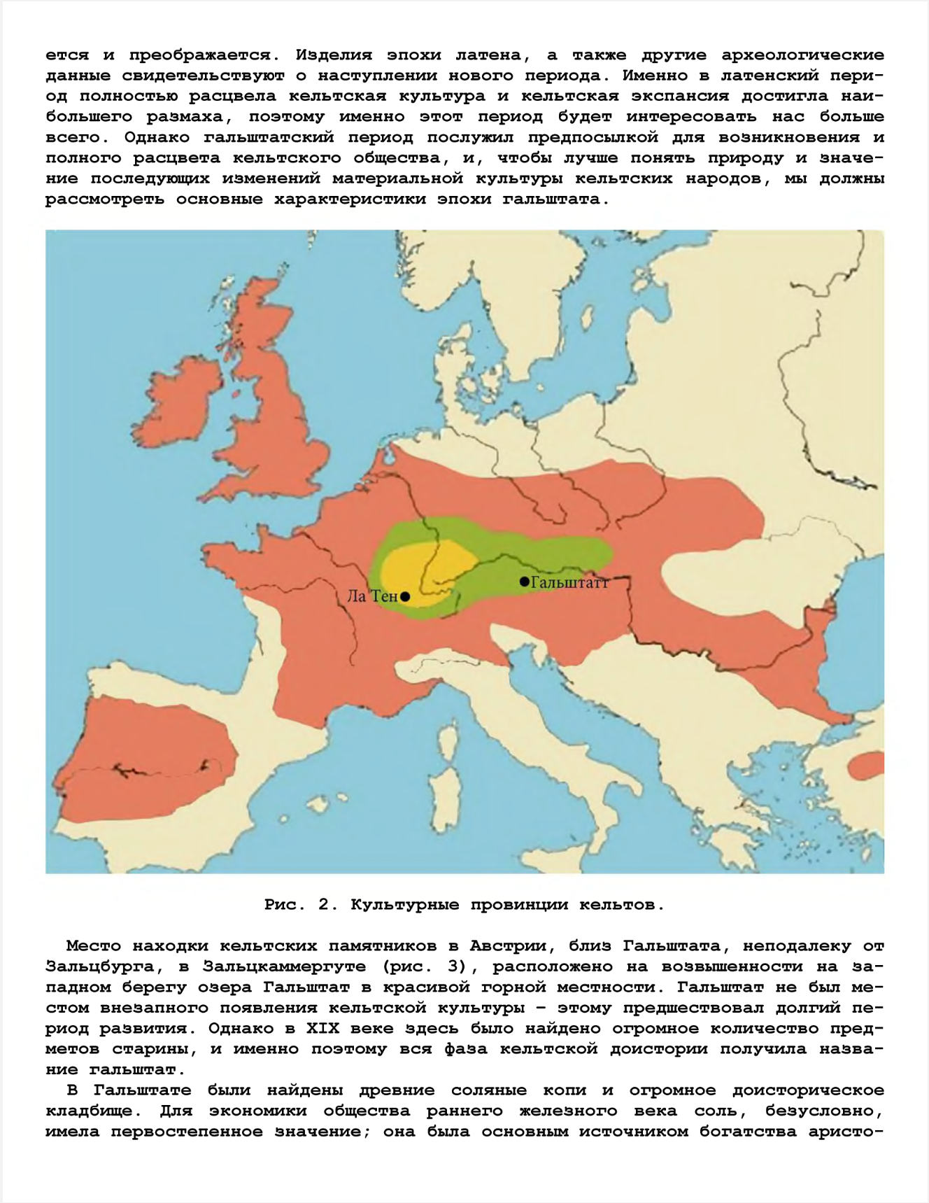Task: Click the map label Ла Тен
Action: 372,596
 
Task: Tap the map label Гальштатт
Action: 570,582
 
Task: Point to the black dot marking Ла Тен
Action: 405,597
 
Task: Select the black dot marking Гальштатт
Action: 524,582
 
